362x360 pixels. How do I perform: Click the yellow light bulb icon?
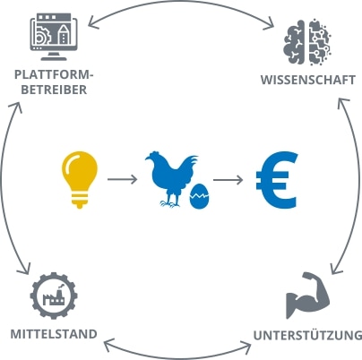[x=80, y=180]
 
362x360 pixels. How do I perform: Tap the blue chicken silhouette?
[x=170, y=179]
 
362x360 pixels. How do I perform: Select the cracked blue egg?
[x=200, y=196]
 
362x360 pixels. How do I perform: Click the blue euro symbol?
[x=277, y=180]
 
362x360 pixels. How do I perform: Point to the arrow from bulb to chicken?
[x=122, y=179]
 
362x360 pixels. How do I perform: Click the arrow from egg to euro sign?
[x=228, y=180]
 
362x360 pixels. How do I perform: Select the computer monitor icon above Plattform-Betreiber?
[x=54, y=37]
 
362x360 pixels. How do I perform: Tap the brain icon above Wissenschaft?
[x=307, y=42]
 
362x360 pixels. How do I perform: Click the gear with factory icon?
[x=54, y=296]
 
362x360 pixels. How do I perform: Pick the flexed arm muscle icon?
[x=307, y=295]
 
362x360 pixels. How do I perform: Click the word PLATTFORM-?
[x=54, y=74]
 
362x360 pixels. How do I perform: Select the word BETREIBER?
[x=54, y=90]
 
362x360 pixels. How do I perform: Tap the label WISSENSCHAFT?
[x=308, y=80]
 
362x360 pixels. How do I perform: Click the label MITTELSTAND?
[x=54, y=334]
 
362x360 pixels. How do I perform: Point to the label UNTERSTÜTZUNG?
[x=308, y=335]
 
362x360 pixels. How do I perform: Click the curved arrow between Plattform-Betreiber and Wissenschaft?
[x=181, y=3]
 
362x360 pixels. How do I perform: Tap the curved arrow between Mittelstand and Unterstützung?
[x=177, y=356]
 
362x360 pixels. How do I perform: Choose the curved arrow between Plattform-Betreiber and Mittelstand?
[x=3, y=188]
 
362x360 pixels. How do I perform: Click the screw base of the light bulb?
[x=80, y=201]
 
